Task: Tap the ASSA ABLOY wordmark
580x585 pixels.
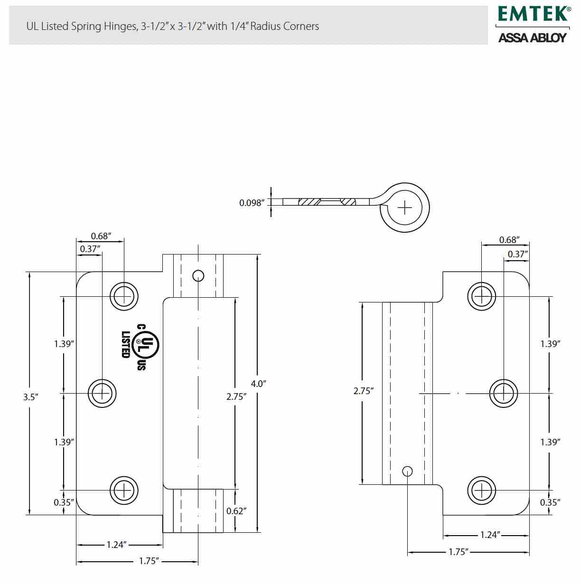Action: coord(533,38)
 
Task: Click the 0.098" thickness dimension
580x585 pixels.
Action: coord(252,203)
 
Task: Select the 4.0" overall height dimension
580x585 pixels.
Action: coord(258,384)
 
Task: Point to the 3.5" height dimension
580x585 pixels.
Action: coord(31,397)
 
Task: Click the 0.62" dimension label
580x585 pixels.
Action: coord(236,511)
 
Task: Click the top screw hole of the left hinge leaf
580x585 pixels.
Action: coord(124,296)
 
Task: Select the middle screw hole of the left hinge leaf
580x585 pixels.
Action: coord(102,394)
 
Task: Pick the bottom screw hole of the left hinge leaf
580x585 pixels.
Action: coord(124,491)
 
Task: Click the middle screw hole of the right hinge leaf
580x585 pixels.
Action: coord(504,394)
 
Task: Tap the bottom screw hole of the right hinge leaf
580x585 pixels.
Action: coord(482,491)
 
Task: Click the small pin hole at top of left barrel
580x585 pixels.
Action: coord(198,276)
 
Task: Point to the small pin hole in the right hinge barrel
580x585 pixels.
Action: coord(407,471)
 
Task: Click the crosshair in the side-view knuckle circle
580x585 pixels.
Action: coord(404,208)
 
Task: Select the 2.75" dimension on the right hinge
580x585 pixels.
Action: coord(363,391)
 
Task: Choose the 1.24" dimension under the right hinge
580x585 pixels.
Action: coord(490,535)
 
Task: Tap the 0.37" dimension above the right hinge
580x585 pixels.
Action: coord(518,254)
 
